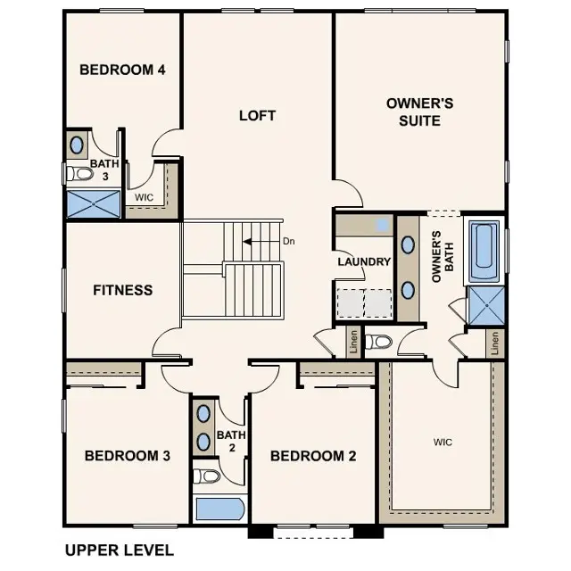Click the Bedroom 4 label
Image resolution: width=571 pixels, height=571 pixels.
click(x=122, y=70)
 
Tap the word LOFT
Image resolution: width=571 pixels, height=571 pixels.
click(x=257, y=116)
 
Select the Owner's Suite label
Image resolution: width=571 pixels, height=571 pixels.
click(x=419, y=112)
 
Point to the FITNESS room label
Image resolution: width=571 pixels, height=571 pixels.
click(x=123, y=290)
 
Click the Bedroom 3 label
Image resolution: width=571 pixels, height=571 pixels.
click(x=127, y=456)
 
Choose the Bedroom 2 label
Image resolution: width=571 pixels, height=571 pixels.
click(x=313, y=456)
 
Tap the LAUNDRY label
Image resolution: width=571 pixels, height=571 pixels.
click(x=363, y=262)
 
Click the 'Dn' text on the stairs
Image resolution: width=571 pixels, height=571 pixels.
click(x=288, y=241)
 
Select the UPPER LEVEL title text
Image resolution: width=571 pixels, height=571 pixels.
click(x=120, y=550)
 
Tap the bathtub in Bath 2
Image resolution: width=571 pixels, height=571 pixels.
click(x=219, y=509)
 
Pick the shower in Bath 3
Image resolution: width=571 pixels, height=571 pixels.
click(x=94, y=202)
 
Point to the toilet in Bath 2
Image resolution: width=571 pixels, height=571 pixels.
click(x=204, y=475)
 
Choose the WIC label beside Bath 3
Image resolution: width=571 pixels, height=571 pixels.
click(x=144, y=197)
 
